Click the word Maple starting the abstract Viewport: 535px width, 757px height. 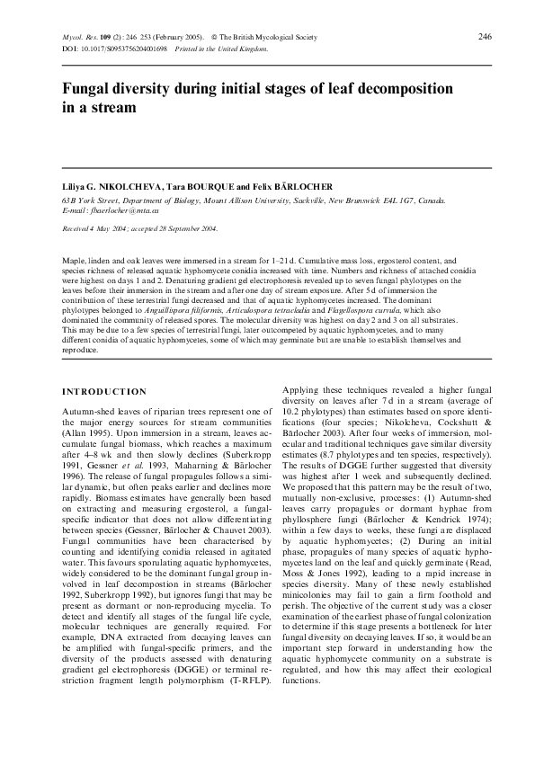[74, 258]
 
